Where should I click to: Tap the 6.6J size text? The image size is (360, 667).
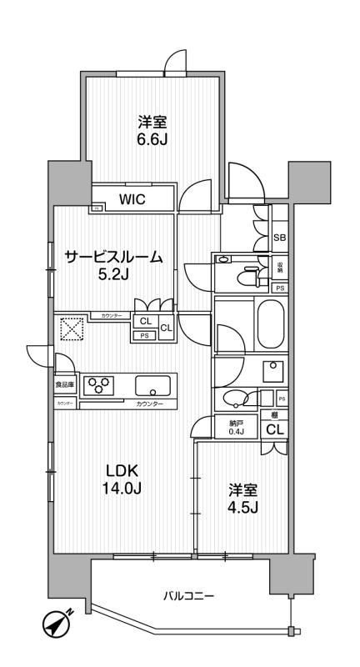[152, 139]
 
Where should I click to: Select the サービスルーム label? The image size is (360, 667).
[113, 258]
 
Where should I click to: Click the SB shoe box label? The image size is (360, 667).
[280, 238]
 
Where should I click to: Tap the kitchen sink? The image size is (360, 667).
[152, 386]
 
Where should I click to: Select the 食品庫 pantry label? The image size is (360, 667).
[64, 385]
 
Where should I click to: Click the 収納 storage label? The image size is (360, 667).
[281, 268]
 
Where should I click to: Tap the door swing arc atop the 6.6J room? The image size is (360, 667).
[175, 63]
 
